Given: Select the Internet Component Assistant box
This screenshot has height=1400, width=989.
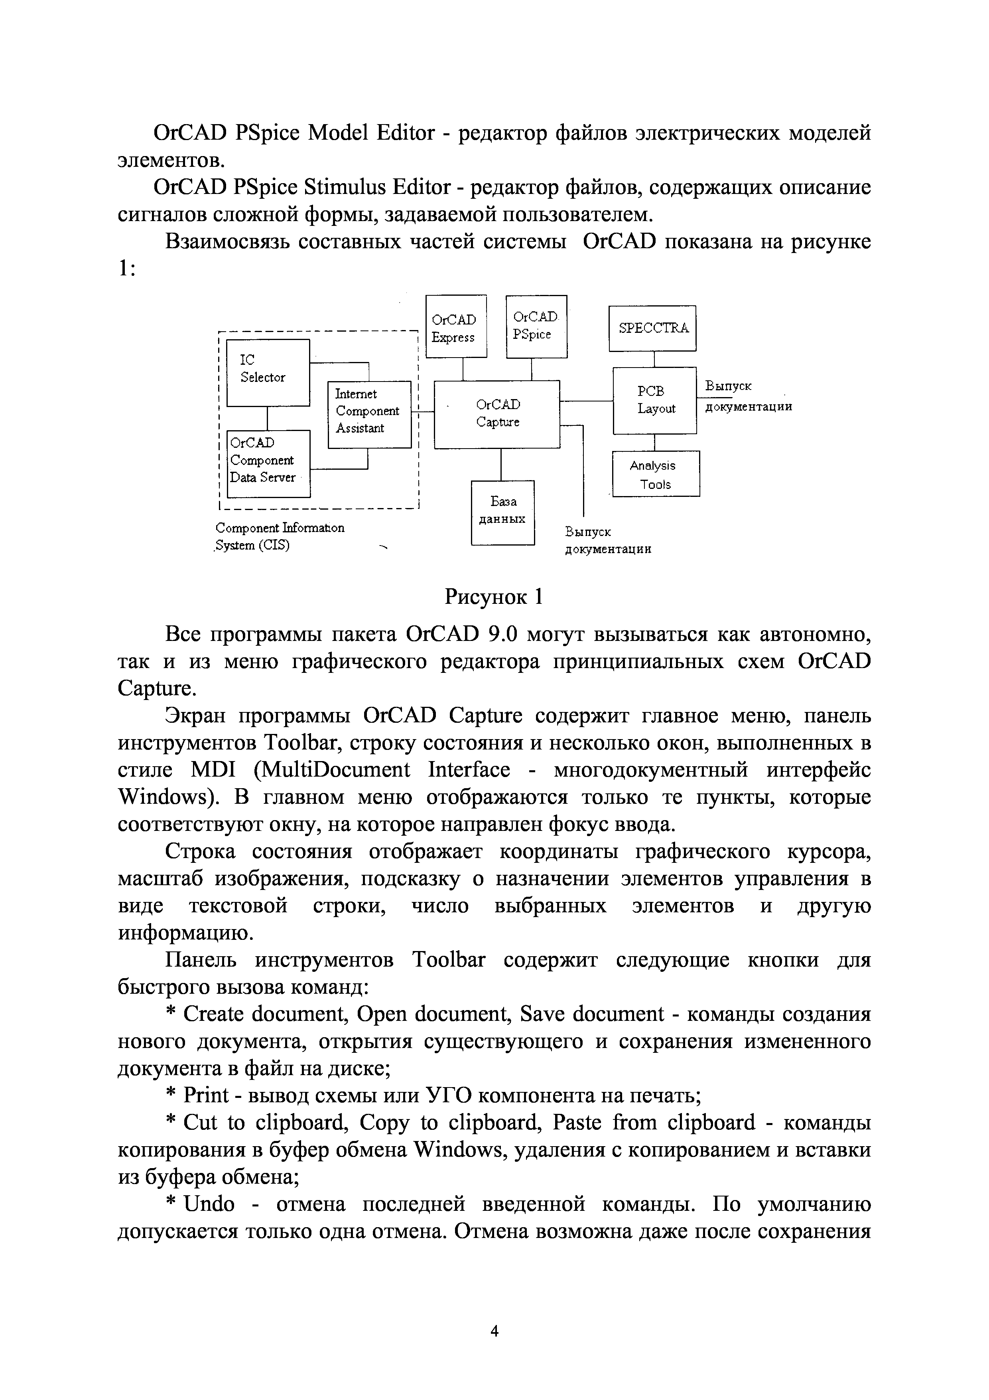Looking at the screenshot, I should (369, 415).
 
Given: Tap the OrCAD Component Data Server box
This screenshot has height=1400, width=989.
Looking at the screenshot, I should (268, 463).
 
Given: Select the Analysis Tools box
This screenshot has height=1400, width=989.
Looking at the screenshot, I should (655, 474).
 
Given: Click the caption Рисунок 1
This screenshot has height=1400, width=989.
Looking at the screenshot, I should (494, 596).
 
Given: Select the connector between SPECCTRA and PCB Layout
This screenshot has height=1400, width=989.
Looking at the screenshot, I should (654, 359).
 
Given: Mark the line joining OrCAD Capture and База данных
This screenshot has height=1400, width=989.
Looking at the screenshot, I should (501, 464).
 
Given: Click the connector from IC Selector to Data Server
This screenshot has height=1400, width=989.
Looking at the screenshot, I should (268, 418).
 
